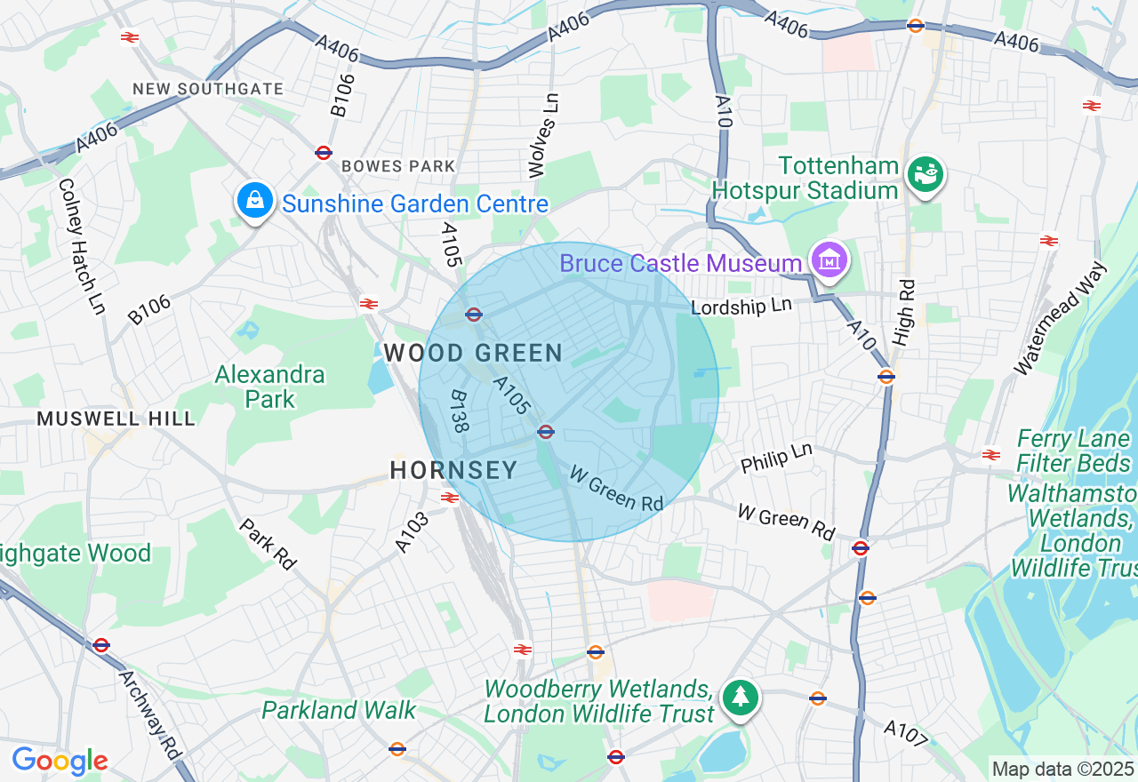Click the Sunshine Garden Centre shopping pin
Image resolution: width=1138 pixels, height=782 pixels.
pos(255,201)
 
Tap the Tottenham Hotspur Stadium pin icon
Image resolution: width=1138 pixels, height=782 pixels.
pos(926,174)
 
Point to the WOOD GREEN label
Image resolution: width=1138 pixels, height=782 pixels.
pos(473,353)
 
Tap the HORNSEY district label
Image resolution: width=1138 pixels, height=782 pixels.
pos(453,470)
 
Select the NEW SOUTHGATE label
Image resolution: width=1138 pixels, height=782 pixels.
pos(208,89)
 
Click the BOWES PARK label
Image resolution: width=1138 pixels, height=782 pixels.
pos(397,166)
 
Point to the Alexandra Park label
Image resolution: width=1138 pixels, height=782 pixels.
pos(269,387)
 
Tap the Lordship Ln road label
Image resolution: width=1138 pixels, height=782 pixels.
pos(741,306)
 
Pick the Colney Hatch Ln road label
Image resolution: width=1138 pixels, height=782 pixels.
pos(82,245)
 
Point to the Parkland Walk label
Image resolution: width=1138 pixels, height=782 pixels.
pos(339,710)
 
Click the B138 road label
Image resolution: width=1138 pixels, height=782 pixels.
pos(460,411)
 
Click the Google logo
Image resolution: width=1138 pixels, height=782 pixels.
pos(60,761)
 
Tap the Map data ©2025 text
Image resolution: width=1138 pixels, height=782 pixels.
pos(1062,769)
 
